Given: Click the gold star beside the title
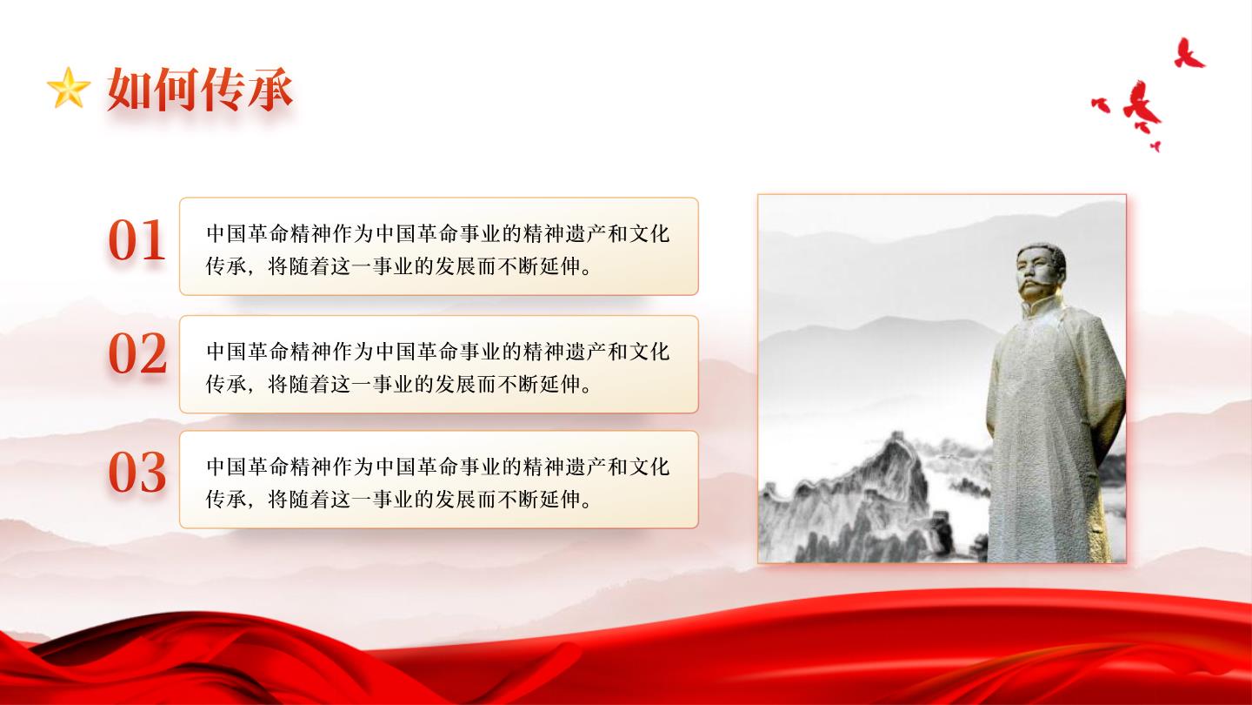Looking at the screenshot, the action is [x=69, y=88].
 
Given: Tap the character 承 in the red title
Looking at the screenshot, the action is [x=270, y=89].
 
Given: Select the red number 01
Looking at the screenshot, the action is [x=137, y=240].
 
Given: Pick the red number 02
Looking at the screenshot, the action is [x=137, y=353].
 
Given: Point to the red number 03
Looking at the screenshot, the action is [x=137, y=473].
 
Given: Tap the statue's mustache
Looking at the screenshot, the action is [x=1036, y=286].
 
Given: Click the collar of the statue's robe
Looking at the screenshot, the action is [x=1042, y=308].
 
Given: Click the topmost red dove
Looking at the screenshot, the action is [x=1189, y=54].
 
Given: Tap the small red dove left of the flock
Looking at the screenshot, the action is [x=1101, y=104].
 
